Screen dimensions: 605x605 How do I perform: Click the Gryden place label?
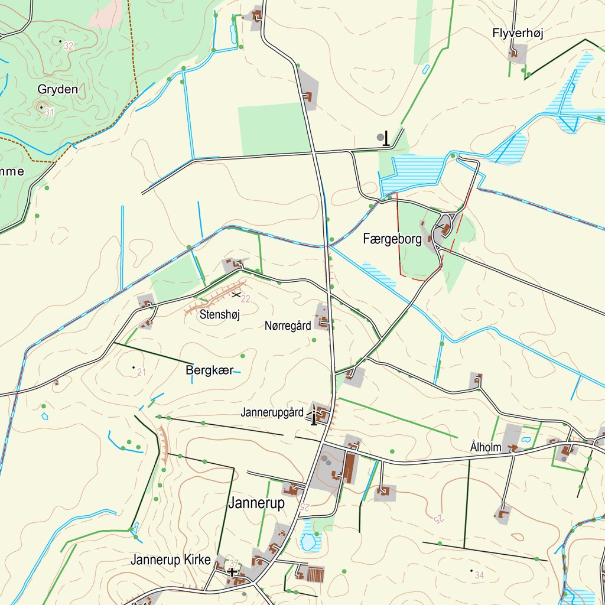click(57, 89)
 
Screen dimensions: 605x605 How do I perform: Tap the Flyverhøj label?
click(517, 34)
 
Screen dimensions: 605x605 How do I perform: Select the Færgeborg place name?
click(392, 239)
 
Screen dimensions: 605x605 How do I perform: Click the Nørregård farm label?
click(287, 326)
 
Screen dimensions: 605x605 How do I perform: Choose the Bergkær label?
click(209, 370)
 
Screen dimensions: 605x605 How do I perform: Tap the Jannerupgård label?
click(272, 412)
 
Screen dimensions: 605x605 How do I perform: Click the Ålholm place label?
click(485, 447)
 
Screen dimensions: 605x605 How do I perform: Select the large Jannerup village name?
click(256, 503)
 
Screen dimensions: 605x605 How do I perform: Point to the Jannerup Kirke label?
click(170, 560)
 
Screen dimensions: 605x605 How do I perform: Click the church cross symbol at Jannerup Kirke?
click(232, 571)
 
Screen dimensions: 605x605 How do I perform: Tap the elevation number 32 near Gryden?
click(69, 45)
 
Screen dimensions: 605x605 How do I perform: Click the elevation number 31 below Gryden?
click(49, 112)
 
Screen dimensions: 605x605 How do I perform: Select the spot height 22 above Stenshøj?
click(246, 298)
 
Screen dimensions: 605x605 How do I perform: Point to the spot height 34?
click(479, 575)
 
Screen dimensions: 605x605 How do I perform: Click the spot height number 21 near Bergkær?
click(141, 372)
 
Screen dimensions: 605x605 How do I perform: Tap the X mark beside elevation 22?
click(236, 294)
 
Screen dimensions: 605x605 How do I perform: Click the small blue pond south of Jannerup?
click(308, 540)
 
